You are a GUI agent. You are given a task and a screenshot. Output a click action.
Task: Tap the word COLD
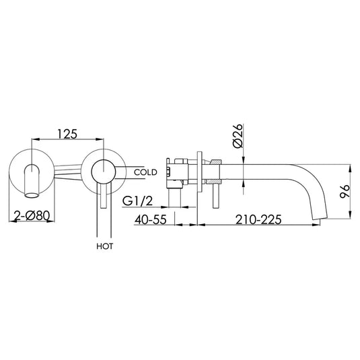click(145, 172)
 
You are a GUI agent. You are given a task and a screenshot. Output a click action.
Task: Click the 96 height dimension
click(344, 190)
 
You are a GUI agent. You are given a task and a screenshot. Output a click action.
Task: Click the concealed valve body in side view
click(181, 172)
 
